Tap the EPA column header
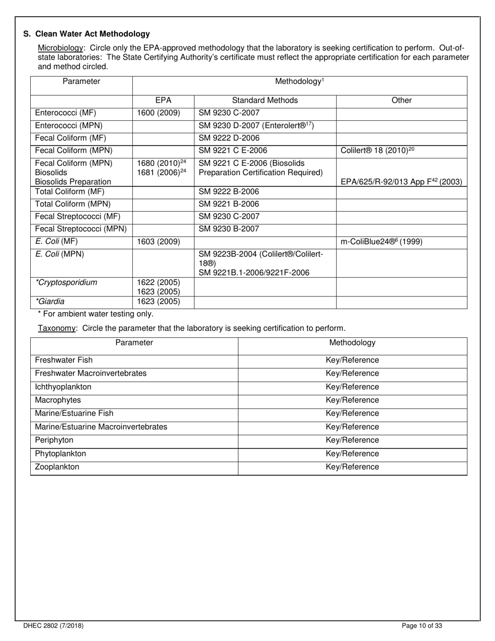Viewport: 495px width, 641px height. point(163,101)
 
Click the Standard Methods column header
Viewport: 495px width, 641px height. point(265,101)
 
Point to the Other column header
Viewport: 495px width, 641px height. point(401,101)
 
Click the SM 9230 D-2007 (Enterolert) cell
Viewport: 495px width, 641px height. point(256,126)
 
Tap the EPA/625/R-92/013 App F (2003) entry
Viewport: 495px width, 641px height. point(401,182)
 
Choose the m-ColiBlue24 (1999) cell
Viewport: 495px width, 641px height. point(381,242)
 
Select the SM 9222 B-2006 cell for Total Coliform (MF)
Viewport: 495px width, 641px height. point(229,192)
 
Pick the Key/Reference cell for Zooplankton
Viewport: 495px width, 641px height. point(352,467)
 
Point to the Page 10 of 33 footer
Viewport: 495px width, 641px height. point(423,626)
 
